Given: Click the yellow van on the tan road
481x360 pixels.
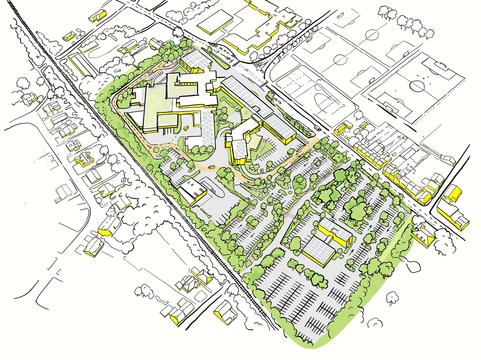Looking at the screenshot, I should (x=211, y=167).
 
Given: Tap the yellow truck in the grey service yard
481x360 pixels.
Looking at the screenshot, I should (x=185, y=128).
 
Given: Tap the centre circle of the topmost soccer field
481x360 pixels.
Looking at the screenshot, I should (x=372, y=34).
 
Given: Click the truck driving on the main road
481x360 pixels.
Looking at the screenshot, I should (x=318, y=128).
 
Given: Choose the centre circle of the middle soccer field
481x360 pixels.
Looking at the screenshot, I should (x=339, y=60).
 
